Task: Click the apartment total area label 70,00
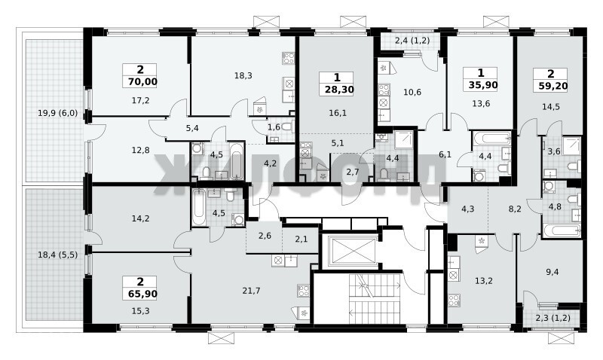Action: pos(140,82)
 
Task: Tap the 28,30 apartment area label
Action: pos(337,90)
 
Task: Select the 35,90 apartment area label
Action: pos(480,85)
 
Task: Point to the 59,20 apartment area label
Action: pos(550,86)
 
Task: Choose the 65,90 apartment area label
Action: pos(140,294)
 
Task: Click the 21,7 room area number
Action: pos(251,291)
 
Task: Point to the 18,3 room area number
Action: pos(243,75)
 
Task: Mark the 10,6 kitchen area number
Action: pos(412,92)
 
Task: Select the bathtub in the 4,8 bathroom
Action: pos(562,231)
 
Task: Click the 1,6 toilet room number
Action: pos(274,127)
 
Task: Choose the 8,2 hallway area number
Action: pos(515,209)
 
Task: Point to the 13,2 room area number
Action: pos(483,281)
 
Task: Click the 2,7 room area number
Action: pos(352,172)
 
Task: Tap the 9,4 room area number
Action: pos(552,273)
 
